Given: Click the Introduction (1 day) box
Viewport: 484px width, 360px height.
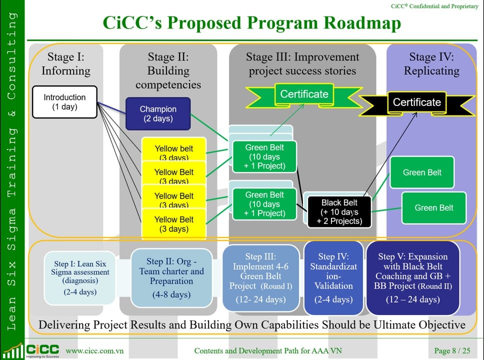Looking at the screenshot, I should (64, 102).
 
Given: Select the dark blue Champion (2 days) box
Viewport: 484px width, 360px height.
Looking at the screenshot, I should (158, 113).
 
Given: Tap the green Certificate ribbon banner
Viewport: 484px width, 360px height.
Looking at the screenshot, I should (304, 94).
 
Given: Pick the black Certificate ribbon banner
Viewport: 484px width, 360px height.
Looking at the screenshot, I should (416, 102).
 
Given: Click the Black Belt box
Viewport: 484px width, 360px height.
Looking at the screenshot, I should (339, 211).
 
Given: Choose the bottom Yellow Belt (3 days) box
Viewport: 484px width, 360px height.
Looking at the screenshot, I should (174, 224).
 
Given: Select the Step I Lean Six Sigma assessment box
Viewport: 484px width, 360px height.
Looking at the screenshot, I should (80, 277).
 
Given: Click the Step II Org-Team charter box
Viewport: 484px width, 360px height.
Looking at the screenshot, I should (171, 277).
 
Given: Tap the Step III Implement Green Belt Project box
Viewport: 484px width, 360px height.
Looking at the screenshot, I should (261, 277).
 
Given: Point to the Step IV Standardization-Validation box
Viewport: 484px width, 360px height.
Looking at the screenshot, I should (333, 277).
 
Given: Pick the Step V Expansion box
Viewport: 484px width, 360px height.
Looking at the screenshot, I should (412, 277).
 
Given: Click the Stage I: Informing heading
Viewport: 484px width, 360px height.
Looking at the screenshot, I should (65, 63).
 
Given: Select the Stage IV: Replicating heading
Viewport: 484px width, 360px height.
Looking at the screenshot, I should (431, 63).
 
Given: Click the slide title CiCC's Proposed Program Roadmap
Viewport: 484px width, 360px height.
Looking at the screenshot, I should (251, 22).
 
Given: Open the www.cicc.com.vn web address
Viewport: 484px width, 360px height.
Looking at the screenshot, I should (94, 350).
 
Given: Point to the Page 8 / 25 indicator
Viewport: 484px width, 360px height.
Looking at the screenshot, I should (452, 350).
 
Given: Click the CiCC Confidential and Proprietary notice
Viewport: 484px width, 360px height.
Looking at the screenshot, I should (434, 6).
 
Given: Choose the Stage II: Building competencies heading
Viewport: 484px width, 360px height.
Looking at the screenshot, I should (168, 70).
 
